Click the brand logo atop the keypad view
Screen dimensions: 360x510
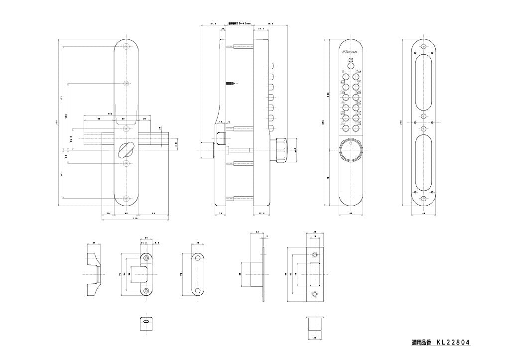tap(349, 51)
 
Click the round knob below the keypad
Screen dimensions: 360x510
tap(351, 150)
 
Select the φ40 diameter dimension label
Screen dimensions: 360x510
tap(296, 149)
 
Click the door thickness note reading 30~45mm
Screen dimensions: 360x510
tap(240, 23)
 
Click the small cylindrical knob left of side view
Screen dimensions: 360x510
tap(206, 150)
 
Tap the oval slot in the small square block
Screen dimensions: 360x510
tap(145, 322)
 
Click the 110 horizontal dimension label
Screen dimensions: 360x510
tap(110, 114)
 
